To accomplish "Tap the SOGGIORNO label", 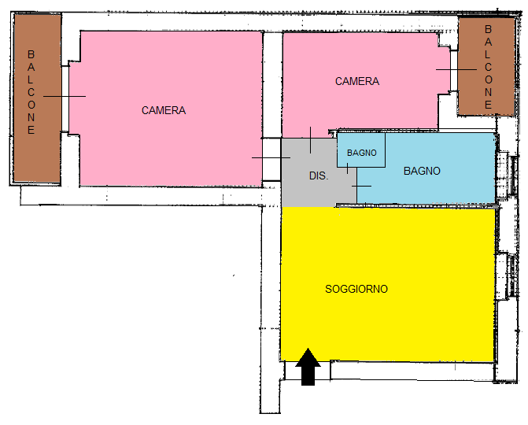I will tap(356, 289).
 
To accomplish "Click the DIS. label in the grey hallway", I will tap(319, 176).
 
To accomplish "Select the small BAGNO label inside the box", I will tap(361, 153).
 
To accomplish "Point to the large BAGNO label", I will tap(422, 171).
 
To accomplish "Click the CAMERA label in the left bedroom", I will tap(164, 110).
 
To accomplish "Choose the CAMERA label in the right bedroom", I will tap(357, 81).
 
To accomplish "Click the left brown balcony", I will tap(37, 98).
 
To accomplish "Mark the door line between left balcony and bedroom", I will tap(65, 96).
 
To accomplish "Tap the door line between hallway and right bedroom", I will tap(311, 140).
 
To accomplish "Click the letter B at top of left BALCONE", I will tap(31, 55).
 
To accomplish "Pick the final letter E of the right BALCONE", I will tap(488, 103).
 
